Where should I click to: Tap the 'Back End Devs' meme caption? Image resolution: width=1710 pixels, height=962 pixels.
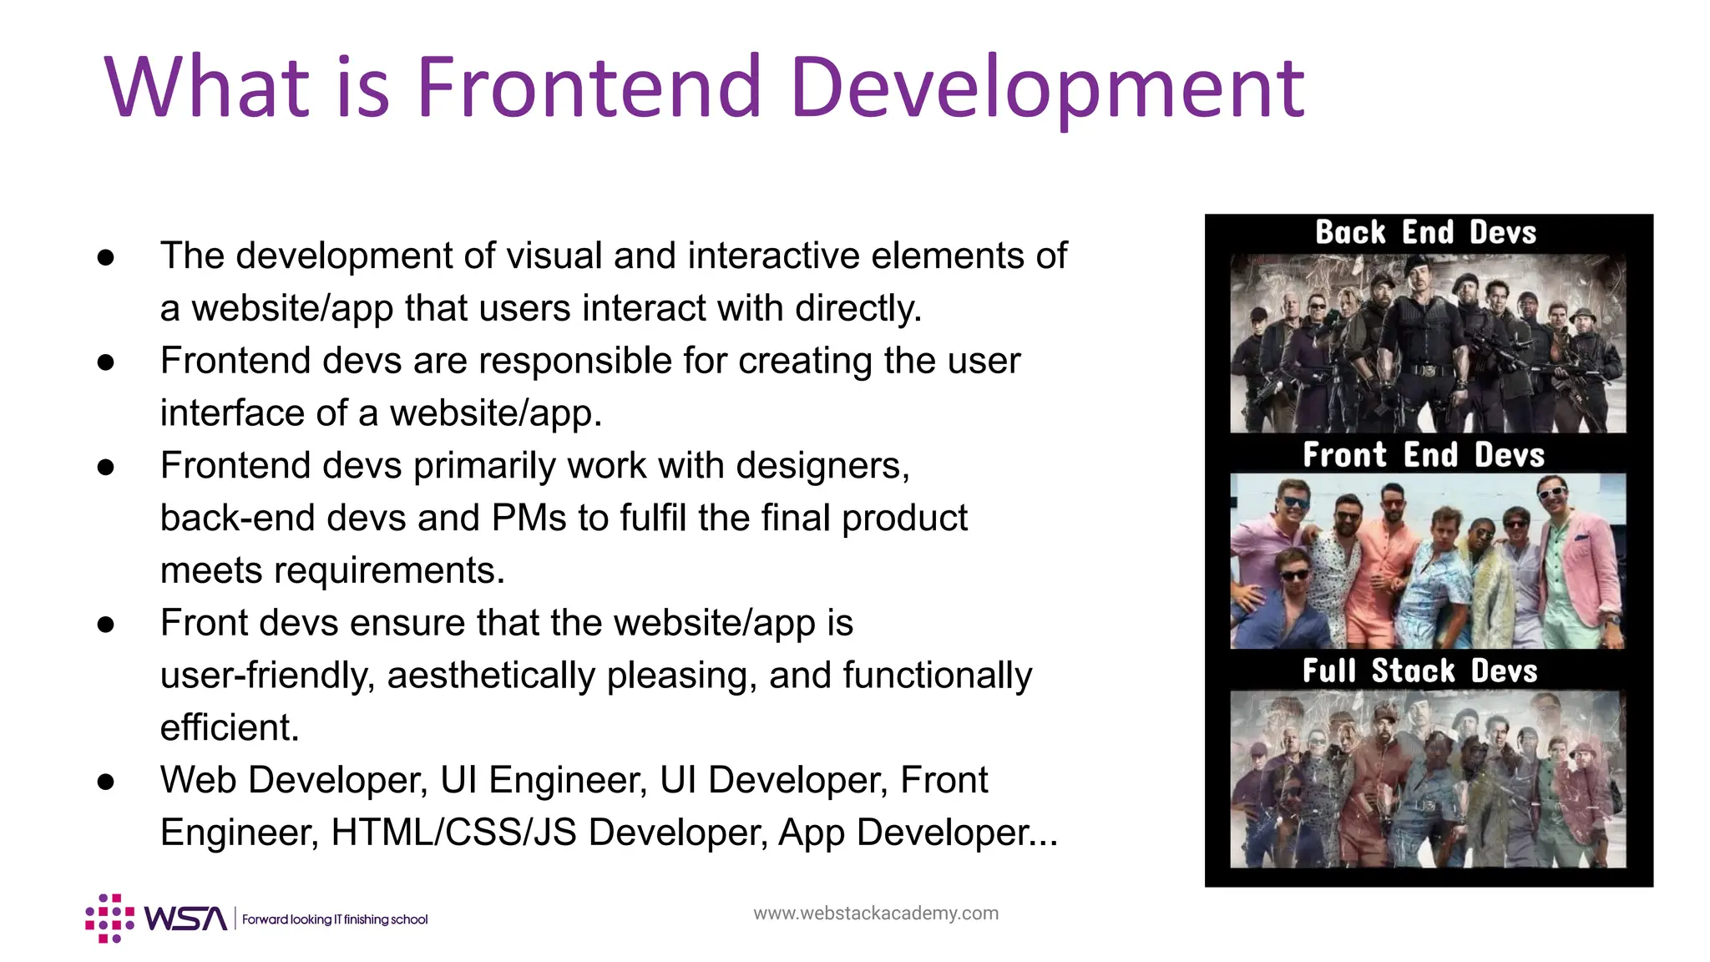tap(1425, 232)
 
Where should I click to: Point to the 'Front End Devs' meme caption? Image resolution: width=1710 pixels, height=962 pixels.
tap(1424, 455)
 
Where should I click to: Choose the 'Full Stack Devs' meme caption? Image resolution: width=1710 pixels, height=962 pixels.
tap(1419, 671)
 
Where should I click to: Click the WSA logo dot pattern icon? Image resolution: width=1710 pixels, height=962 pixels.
tap(109, 919)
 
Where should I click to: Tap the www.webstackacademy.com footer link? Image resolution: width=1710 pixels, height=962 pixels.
tap(875, 913)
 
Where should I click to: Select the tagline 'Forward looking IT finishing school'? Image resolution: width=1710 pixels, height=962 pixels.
tap(335, 919)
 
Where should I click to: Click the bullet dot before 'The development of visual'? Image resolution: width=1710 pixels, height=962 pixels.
tap(105, 257)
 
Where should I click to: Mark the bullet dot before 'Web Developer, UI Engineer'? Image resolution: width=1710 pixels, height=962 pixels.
tap(105, 782)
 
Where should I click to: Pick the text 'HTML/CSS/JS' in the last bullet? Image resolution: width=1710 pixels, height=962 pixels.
tap(453, 833)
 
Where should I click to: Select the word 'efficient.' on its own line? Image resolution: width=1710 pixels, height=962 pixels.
tap(230, 727)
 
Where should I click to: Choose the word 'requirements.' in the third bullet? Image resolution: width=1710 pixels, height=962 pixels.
tap(389, 570)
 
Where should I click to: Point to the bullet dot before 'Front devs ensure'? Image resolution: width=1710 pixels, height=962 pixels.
tap(105, 624)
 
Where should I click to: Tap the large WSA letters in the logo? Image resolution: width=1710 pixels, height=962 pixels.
tap(185, 919)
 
